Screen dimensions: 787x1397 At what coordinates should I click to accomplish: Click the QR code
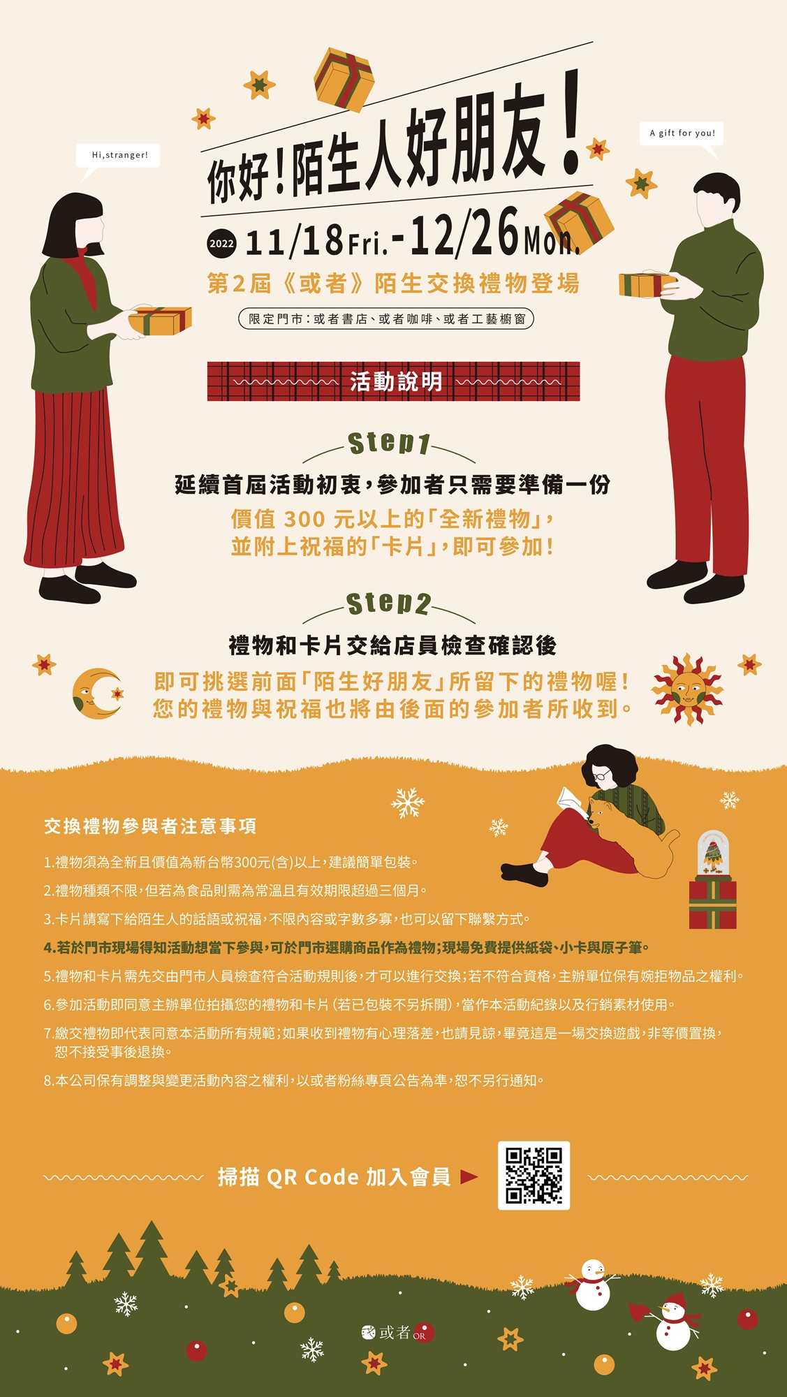point(534,1176)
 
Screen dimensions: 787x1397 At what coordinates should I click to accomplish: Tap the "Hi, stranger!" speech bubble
point(119,156)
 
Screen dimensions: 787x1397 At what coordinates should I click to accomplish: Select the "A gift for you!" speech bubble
point(682,134)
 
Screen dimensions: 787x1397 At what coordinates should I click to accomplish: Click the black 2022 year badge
point(221,244)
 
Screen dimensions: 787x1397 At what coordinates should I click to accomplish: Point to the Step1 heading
point(389,443)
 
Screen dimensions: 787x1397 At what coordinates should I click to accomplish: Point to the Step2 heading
point(389,604)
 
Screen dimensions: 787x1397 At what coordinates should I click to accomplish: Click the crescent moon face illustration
point(97,693)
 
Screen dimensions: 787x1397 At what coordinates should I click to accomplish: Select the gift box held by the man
point(646,284)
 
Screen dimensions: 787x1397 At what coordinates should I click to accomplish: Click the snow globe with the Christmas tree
point(712,853)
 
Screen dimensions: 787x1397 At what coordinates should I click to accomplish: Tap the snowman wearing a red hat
point(673,1322)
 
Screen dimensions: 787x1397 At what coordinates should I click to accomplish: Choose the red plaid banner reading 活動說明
point(393,381)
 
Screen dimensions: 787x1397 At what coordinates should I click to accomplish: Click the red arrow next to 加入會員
point(469,1177)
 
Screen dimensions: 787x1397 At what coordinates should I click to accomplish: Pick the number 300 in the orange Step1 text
point(304,519)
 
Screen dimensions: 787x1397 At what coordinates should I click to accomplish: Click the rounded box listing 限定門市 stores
point(386,319)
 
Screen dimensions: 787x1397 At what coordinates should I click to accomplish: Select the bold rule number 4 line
point(347,948)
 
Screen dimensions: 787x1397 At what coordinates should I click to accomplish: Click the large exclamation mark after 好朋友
point(572,122)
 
